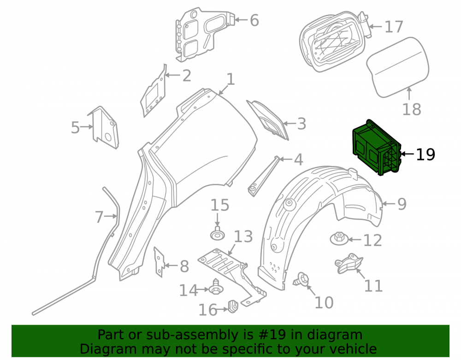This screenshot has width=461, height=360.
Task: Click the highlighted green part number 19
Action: click(x=377, y=148)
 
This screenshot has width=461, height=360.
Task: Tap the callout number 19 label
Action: click(x=425, y=154)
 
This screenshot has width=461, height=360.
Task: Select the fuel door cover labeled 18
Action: click(x=398, y=67)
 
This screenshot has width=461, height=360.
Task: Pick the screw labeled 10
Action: click(x=301, y=279)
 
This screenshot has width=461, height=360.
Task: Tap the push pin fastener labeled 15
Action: click(x=217, y=233)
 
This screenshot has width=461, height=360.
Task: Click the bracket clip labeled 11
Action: click(x=349, y=263)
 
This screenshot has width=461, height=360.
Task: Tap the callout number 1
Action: click(x=231, y=79)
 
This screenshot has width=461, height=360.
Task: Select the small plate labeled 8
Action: click(x=158, y=262)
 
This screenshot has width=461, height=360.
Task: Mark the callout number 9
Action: click(x=402, y=204)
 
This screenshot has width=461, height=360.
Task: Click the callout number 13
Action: click(x=243, y=236)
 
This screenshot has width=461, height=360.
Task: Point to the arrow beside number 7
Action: click(x=111, y=216)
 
